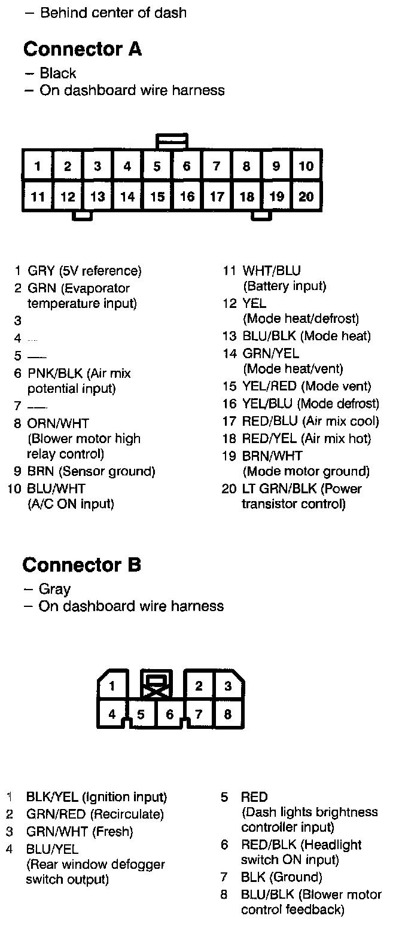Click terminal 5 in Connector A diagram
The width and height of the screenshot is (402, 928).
tap(157, 166)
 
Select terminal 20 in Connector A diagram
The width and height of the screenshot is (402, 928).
tap(306, 196)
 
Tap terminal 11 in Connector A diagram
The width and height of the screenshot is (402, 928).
tap(38, 196)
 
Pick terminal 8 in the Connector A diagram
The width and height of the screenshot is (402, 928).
tap(246, 166)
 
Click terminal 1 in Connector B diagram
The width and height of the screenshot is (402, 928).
tap(112, 686)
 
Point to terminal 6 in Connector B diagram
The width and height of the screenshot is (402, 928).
tap(170, 714)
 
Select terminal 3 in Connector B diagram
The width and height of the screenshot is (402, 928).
tap(227, 686)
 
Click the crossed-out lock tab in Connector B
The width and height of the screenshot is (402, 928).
tap(156, 685)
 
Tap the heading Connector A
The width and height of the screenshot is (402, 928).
tap(83, 49)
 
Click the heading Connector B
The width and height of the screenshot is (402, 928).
tap(81, 564)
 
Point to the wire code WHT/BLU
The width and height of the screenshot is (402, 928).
tap(272, 271)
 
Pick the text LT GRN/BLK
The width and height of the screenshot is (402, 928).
tap(279, 489)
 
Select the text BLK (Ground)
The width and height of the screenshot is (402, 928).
tap(281, 877)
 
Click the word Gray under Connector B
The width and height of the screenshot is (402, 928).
tap(55, 589)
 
